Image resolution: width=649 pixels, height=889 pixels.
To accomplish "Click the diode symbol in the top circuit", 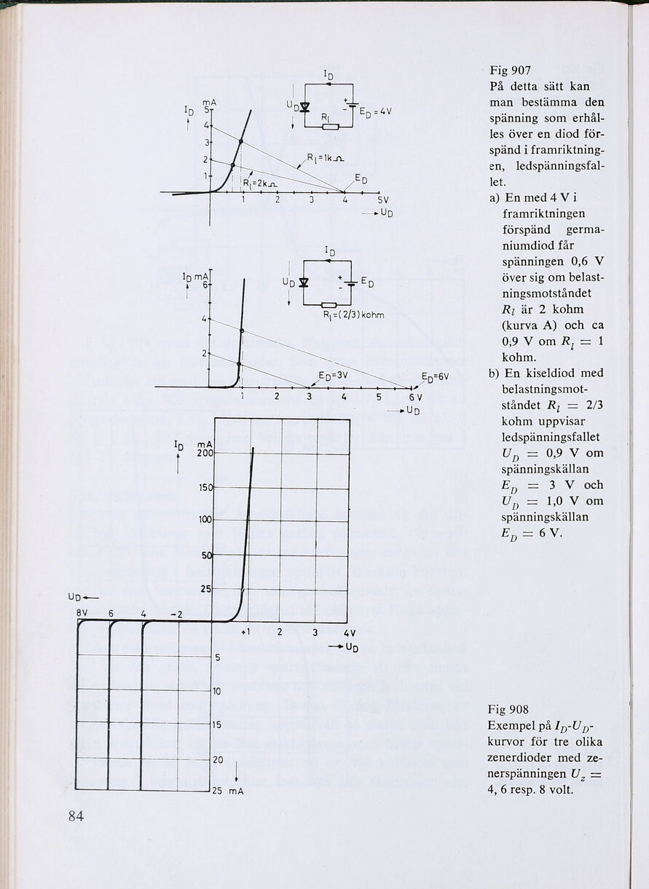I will click(305, 108).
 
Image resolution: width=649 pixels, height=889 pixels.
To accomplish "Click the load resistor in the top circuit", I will click(330, 127).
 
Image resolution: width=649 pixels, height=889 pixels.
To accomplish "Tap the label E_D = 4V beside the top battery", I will click(375, 111).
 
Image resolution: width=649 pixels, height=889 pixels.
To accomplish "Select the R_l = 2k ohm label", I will click(257, 183).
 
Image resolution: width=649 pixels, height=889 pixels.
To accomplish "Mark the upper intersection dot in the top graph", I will click(240, 140).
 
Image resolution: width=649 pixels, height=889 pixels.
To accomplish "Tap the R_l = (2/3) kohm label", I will click(353, 315).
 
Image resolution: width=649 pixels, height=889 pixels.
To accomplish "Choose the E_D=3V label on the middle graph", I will click(334, 375).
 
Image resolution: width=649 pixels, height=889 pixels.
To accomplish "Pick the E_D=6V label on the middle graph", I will click(435, 376).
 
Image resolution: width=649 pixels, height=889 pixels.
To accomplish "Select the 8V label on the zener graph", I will click(82, 613).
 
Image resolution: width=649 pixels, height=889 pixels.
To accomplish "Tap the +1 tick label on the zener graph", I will click(245, 631).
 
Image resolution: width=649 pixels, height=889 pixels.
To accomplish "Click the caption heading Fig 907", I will click(510, 71).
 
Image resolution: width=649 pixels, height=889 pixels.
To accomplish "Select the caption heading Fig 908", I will click(509, 709).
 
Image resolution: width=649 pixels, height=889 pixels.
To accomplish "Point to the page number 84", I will click(76, 816).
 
